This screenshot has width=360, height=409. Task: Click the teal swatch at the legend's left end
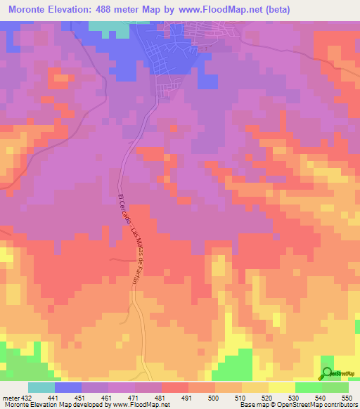(41, 387)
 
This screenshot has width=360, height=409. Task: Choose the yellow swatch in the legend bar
(282, 387)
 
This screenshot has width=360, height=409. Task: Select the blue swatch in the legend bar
(68, 387)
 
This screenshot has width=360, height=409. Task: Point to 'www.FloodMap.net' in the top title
(228, 10)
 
